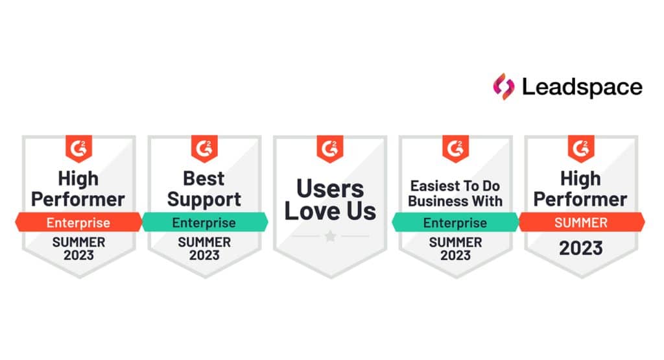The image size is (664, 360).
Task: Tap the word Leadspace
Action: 582,87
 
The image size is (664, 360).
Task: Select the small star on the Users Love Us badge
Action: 330,236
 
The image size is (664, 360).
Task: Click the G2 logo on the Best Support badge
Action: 204,148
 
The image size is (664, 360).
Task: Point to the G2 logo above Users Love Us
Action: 330,148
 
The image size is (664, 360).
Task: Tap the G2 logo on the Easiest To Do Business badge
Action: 455,148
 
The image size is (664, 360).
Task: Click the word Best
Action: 204,178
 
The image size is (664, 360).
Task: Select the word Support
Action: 204,199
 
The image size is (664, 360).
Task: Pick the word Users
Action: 330,188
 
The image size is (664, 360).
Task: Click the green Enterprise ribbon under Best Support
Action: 204,222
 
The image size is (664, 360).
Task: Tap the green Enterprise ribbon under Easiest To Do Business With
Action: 455,222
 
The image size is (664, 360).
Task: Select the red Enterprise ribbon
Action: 78,222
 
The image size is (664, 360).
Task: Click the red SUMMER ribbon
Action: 581,222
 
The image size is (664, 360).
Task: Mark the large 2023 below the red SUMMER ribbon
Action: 581,248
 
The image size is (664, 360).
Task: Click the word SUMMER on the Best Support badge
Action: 204,242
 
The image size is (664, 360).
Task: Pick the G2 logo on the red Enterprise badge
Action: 78,148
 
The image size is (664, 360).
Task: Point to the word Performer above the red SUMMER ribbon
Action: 581,199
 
